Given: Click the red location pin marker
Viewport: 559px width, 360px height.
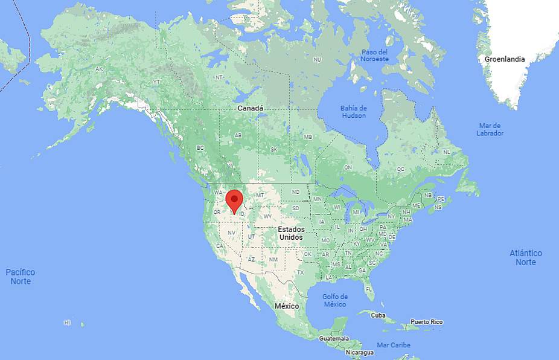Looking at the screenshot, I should click(x=234, y=200).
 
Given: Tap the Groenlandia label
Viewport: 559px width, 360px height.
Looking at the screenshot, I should click(x=505, y=59).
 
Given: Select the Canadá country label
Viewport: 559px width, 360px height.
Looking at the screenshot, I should click(x=250, y=108).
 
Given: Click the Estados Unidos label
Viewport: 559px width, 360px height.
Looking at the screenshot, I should click(x=290, y=234).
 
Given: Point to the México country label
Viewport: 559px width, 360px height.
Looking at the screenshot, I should click(x=287, y=306).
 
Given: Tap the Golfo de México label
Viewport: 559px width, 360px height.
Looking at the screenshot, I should click(x=335, y=300).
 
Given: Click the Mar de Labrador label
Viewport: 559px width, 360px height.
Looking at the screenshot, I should click(x=490, y=129).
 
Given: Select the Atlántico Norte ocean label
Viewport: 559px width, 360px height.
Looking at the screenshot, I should click(x=526, y=257).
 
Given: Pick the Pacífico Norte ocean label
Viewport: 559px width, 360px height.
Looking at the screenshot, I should click(x=21, y=277).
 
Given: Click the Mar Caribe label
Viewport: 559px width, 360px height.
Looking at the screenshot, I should click(x=394, y=345).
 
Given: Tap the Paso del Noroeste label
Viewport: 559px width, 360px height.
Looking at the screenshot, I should click(x=375, y=55).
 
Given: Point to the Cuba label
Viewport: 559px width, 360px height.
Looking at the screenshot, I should click(x=378, y=315).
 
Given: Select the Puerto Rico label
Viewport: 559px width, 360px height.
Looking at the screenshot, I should click(x=426, y=322).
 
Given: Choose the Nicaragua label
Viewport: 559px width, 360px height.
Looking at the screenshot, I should click(x=360, y=352).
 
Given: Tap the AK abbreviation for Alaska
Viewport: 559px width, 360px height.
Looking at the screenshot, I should click(x=100, y=69).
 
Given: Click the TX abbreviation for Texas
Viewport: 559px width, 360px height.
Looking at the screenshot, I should click(x=300, y=273).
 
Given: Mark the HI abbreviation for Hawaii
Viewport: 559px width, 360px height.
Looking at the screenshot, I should click(x=67, y=323).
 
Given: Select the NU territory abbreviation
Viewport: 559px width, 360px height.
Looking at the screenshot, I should click(x=317, y=59).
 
